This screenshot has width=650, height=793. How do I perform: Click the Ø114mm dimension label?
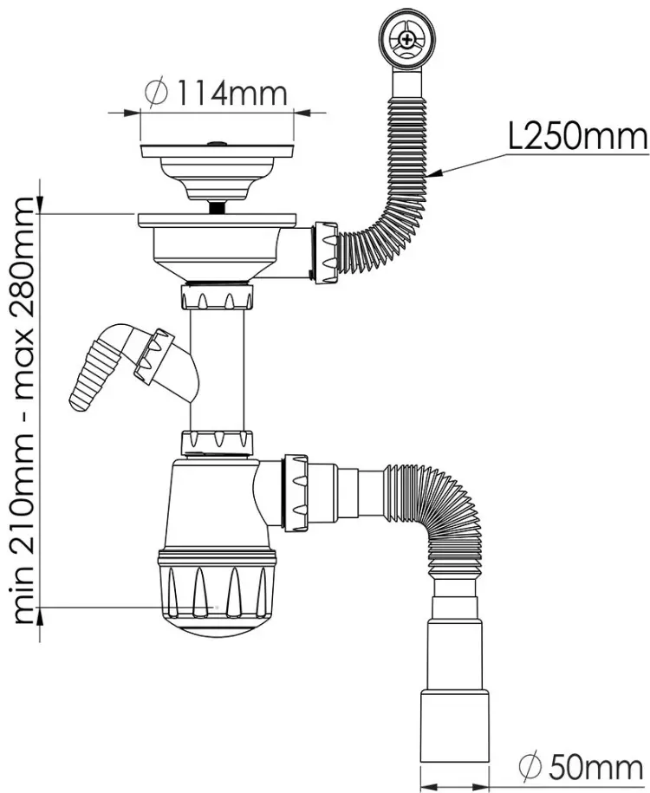coord(216,93)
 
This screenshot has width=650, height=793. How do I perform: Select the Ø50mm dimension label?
coord(580,768)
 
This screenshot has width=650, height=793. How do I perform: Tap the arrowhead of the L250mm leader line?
coord(435,174)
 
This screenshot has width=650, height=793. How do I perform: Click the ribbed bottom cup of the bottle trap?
coord(218,592)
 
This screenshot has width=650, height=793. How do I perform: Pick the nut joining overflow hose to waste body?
coord(327,252)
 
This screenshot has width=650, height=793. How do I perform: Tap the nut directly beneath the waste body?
coord(217,296)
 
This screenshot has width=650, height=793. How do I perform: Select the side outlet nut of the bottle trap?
coord(296,492)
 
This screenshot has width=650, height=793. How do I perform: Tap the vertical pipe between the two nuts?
coord(218,369)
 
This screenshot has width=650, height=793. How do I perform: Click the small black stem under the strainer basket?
coord(218,207)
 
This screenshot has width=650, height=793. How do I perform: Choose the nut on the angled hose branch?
coord(154,356)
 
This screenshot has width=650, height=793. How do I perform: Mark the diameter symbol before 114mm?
coord(156,93)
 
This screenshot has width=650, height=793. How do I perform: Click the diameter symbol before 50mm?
coord(530,768)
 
